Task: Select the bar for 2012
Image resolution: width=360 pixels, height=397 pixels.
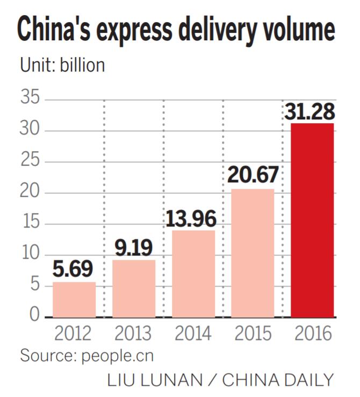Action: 74,299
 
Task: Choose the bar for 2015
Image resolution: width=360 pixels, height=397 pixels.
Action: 253,252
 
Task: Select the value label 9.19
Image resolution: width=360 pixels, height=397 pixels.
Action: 133,247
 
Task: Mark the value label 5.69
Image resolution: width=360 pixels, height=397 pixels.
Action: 74,270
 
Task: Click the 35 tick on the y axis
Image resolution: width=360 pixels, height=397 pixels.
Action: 31,100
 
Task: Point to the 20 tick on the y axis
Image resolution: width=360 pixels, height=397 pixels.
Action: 31,193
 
